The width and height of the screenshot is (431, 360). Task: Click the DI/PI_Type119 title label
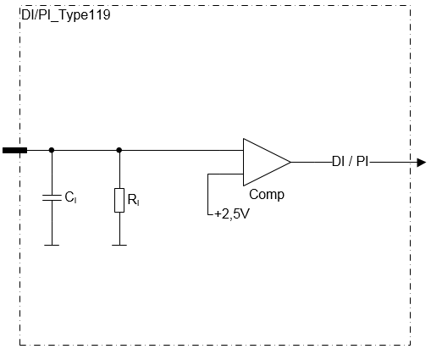(x=66, y=15)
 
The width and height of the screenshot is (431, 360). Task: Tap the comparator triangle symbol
(x=267, y=162)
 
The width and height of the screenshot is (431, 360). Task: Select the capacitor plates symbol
(x=52, y=197)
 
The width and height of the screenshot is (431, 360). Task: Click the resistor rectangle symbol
(x=119, y=200)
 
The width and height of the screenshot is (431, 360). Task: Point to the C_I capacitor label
(x=70, y=197)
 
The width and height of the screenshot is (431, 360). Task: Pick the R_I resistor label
(x=134, y=200)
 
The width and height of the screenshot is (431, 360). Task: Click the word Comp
(x=267, y=195)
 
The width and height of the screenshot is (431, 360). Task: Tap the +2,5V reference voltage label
(x=232, y=214)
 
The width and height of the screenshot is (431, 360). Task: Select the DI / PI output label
(x=351, y=162)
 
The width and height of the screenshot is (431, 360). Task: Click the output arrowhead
(x=422, y=163)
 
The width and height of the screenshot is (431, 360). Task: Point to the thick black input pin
(x=15, y=150)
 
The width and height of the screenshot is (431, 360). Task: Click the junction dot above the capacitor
(x=52, y=150)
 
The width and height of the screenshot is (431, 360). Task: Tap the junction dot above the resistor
(x=119, y=150)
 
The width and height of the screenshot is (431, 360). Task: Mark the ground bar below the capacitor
(x=52, y=245)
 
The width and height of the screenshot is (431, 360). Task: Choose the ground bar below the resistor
(x=119, y=245)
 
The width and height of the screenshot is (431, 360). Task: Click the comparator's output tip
(x=291, y=162)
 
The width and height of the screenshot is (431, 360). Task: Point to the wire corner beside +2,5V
(x=208, y=215)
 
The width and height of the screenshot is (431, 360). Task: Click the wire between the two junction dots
(x=86, y=150)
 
